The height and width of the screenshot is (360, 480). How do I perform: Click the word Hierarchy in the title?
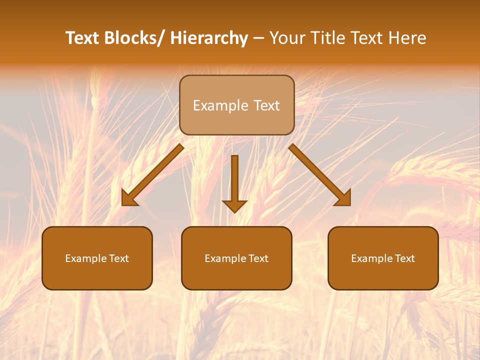[209, 38]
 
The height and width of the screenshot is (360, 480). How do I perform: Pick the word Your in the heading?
[286, 38]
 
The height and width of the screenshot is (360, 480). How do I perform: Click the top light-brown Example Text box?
[236, 105]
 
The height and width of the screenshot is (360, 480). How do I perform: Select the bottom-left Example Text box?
[97, 258]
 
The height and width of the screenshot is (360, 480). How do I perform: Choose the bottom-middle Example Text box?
[236, 258]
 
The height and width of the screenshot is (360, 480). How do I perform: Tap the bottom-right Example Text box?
[383, 258]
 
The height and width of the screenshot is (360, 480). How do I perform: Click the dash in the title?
[258, 38]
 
